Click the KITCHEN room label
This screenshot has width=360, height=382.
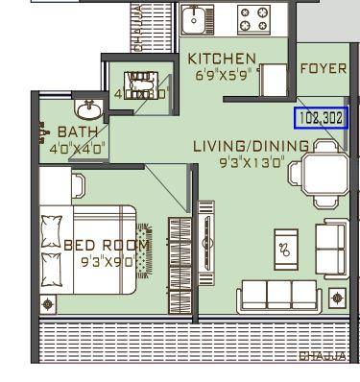[x=222, y=59]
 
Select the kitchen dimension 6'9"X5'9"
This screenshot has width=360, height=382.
[x=222, y=73]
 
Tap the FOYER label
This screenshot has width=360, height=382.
[x=323, y=68]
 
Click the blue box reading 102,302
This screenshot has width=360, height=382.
[x=321, y=119]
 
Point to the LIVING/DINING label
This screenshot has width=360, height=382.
[x=252, y=146]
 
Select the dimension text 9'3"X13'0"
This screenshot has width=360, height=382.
[x=251, y=161]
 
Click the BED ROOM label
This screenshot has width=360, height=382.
[x=106, y=245]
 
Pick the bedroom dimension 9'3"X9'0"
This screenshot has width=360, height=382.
[x=106, y=259]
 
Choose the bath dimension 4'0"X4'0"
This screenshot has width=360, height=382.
[x=77, y=148]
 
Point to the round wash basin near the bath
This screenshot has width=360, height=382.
[x=89, y=106]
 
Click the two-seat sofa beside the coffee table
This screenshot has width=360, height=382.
[x=332, y=248]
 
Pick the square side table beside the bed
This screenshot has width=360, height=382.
[x=48, y=303]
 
